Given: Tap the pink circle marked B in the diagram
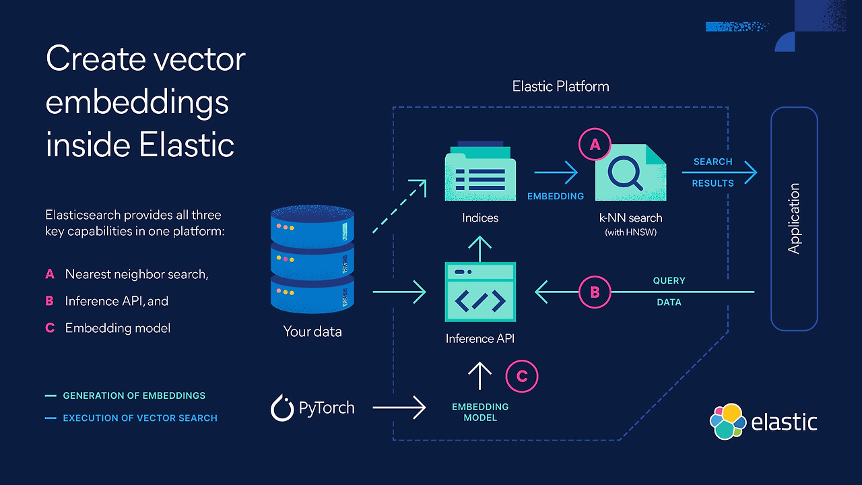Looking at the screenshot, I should [x=595, y=292].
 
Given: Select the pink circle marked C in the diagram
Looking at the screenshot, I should [x=522, y=377].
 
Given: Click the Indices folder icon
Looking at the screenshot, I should [x=480, y=172].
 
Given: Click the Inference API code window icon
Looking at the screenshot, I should [x=480, y=292].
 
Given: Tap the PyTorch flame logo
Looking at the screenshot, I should [x=281, y=408].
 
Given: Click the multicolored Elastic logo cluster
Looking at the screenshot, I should [x=727, y=420].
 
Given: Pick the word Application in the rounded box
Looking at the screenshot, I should [x=794, y=218].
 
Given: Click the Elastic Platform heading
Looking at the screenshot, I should [x=560, y=86].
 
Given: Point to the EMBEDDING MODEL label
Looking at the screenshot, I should [x=480, y=412].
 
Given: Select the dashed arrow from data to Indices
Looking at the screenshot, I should [x=399, y=206].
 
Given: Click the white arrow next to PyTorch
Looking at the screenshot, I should [x=399, y=408].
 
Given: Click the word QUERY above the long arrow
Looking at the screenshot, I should [x=669, y=280].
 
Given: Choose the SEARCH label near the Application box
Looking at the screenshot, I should [x=712, y=162].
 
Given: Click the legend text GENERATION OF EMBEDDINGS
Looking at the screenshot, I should [x=134, y=396].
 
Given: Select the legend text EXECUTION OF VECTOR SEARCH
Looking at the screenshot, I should [x=140, y=418].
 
